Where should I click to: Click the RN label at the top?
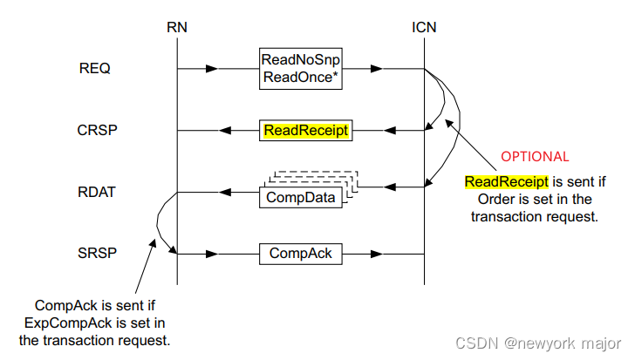coord(176,28)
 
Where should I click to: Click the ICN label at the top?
coord(424,28)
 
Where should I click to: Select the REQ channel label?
coord(94,69)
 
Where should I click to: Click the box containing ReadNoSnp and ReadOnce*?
coord(301,68)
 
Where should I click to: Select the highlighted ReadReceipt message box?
coord(305,131)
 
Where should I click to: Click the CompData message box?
coord(300,197)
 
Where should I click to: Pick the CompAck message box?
coord(301,254)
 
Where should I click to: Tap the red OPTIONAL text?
coord(535,157)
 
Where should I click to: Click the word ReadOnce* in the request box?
coord(301,76)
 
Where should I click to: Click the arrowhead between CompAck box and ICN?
coord(379,254)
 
